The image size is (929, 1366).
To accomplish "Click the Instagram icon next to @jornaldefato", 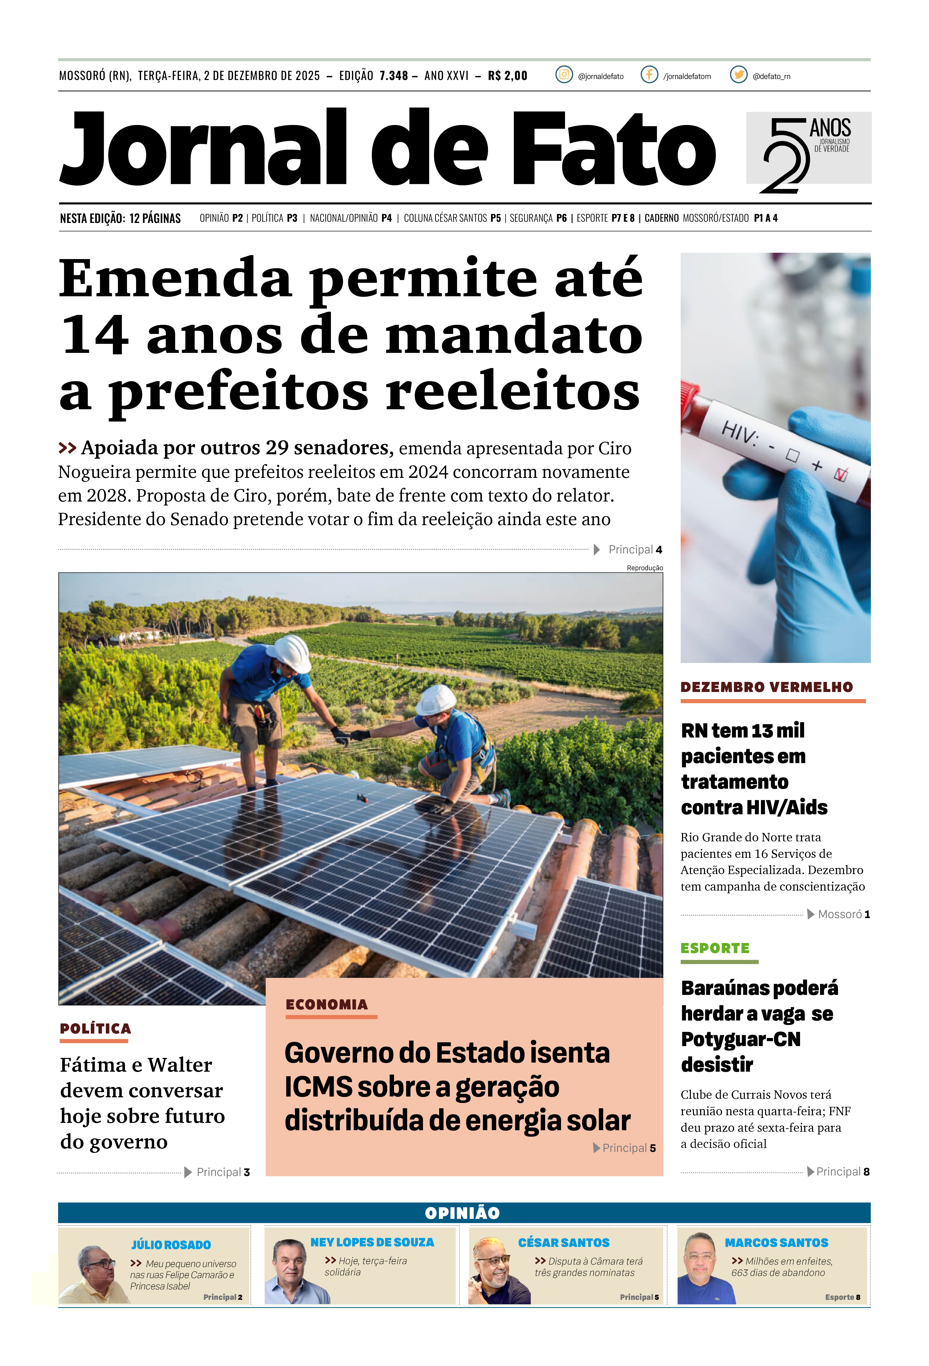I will tap(564, 75).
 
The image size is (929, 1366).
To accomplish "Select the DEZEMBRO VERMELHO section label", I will tap(766, 687).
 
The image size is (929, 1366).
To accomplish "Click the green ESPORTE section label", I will tap(715, 948).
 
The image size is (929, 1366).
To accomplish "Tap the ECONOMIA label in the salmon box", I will tap(327, 1005).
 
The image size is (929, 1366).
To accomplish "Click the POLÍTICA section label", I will tap(95, 1029).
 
